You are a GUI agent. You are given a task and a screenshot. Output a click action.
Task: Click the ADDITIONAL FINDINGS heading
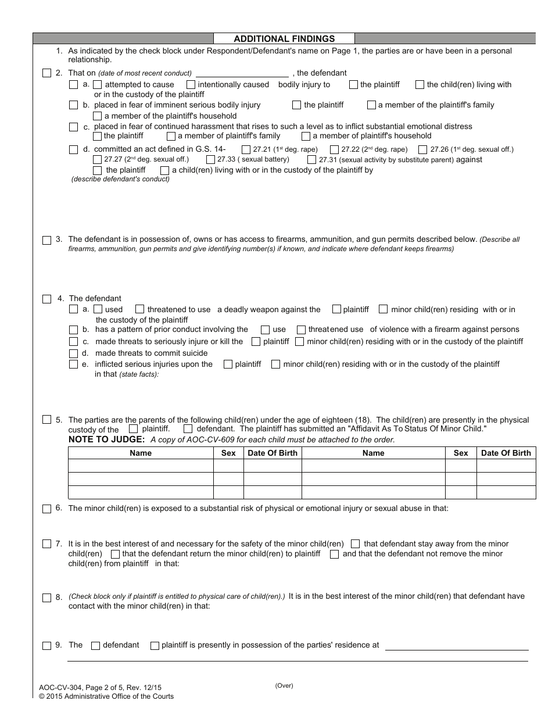pos(284,38)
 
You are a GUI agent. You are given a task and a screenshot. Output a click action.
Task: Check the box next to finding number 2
pos(46,73)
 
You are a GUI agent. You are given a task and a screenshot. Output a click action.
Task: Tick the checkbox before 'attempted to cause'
pos(98,85)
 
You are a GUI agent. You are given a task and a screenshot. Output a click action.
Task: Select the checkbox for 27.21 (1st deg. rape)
pos(246,149)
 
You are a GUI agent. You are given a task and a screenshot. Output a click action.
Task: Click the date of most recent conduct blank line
pos(242,73)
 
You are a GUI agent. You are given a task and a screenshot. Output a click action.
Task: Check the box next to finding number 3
pos(46,239)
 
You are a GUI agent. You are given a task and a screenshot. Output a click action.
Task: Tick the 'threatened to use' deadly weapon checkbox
pos(140,309)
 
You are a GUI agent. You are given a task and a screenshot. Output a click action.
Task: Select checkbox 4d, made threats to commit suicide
pos(73,353)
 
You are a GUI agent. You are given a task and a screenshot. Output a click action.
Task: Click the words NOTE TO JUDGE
pos(106,439)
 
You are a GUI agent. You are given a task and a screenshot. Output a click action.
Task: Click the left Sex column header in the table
pos(229,453)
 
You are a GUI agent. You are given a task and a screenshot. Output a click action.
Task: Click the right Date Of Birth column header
pos(506,453)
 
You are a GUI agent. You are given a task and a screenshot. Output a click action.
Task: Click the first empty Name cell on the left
pos(141,466)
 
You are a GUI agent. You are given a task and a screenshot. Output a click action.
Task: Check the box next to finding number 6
pos(46,509)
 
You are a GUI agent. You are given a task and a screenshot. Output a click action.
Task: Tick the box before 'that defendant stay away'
pos(356,544)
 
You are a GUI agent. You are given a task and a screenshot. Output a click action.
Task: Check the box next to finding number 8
pos(46,598)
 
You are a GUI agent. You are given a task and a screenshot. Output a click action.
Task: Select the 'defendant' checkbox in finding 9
pos(96,645)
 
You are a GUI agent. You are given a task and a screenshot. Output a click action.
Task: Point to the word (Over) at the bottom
pos(284,685)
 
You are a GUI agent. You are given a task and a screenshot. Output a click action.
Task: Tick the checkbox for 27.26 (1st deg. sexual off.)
pos(422,149)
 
